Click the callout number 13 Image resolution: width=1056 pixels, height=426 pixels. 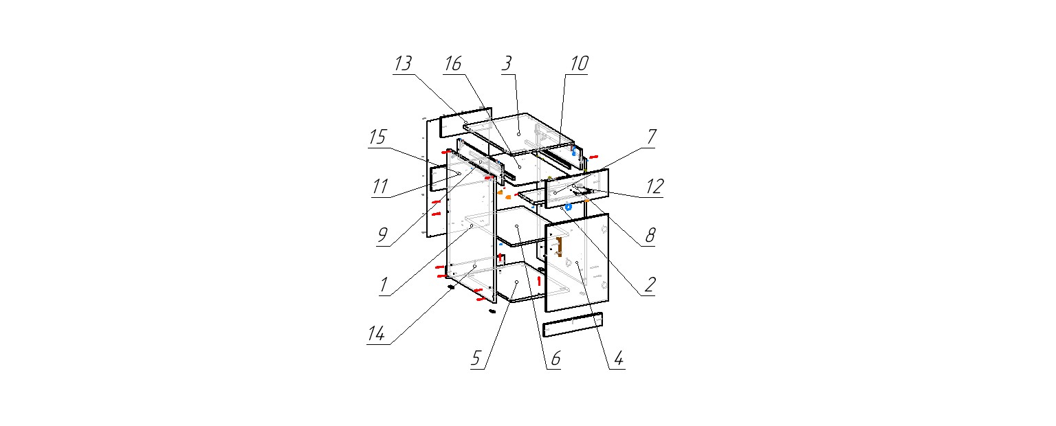tap(403, 64)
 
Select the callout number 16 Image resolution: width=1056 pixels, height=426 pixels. tap(452, 64)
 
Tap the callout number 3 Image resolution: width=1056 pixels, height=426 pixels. tap(507, 64)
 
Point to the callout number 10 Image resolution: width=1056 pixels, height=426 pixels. tap(580, 64)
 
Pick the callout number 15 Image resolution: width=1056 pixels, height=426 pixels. tap(377, 137)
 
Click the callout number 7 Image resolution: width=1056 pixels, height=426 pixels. tap(652, 137)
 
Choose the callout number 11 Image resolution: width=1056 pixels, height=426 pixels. tap(380, 187)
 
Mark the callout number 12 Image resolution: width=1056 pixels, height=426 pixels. tap(654, 187)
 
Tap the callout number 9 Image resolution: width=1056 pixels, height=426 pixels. tap(382, 235)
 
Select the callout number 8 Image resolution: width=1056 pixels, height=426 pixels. tap(650, 235)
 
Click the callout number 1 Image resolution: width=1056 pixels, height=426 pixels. tap(384, 284)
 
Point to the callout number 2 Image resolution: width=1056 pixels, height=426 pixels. tap(650, 284)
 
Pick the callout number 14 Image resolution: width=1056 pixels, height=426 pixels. tap(376, 334)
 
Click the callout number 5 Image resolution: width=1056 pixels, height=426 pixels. tap(476, 359)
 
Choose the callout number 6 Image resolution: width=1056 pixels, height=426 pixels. tap(555, 359)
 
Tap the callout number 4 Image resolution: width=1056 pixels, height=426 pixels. tap(619, 359)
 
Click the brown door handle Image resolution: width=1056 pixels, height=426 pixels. tap(560, 247)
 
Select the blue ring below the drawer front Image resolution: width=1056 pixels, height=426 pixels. tap(569, 206)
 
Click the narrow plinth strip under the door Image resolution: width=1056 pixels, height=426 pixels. tap(573, 324)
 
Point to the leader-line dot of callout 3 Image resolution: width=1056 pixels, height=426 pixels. tap(518, 134)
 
